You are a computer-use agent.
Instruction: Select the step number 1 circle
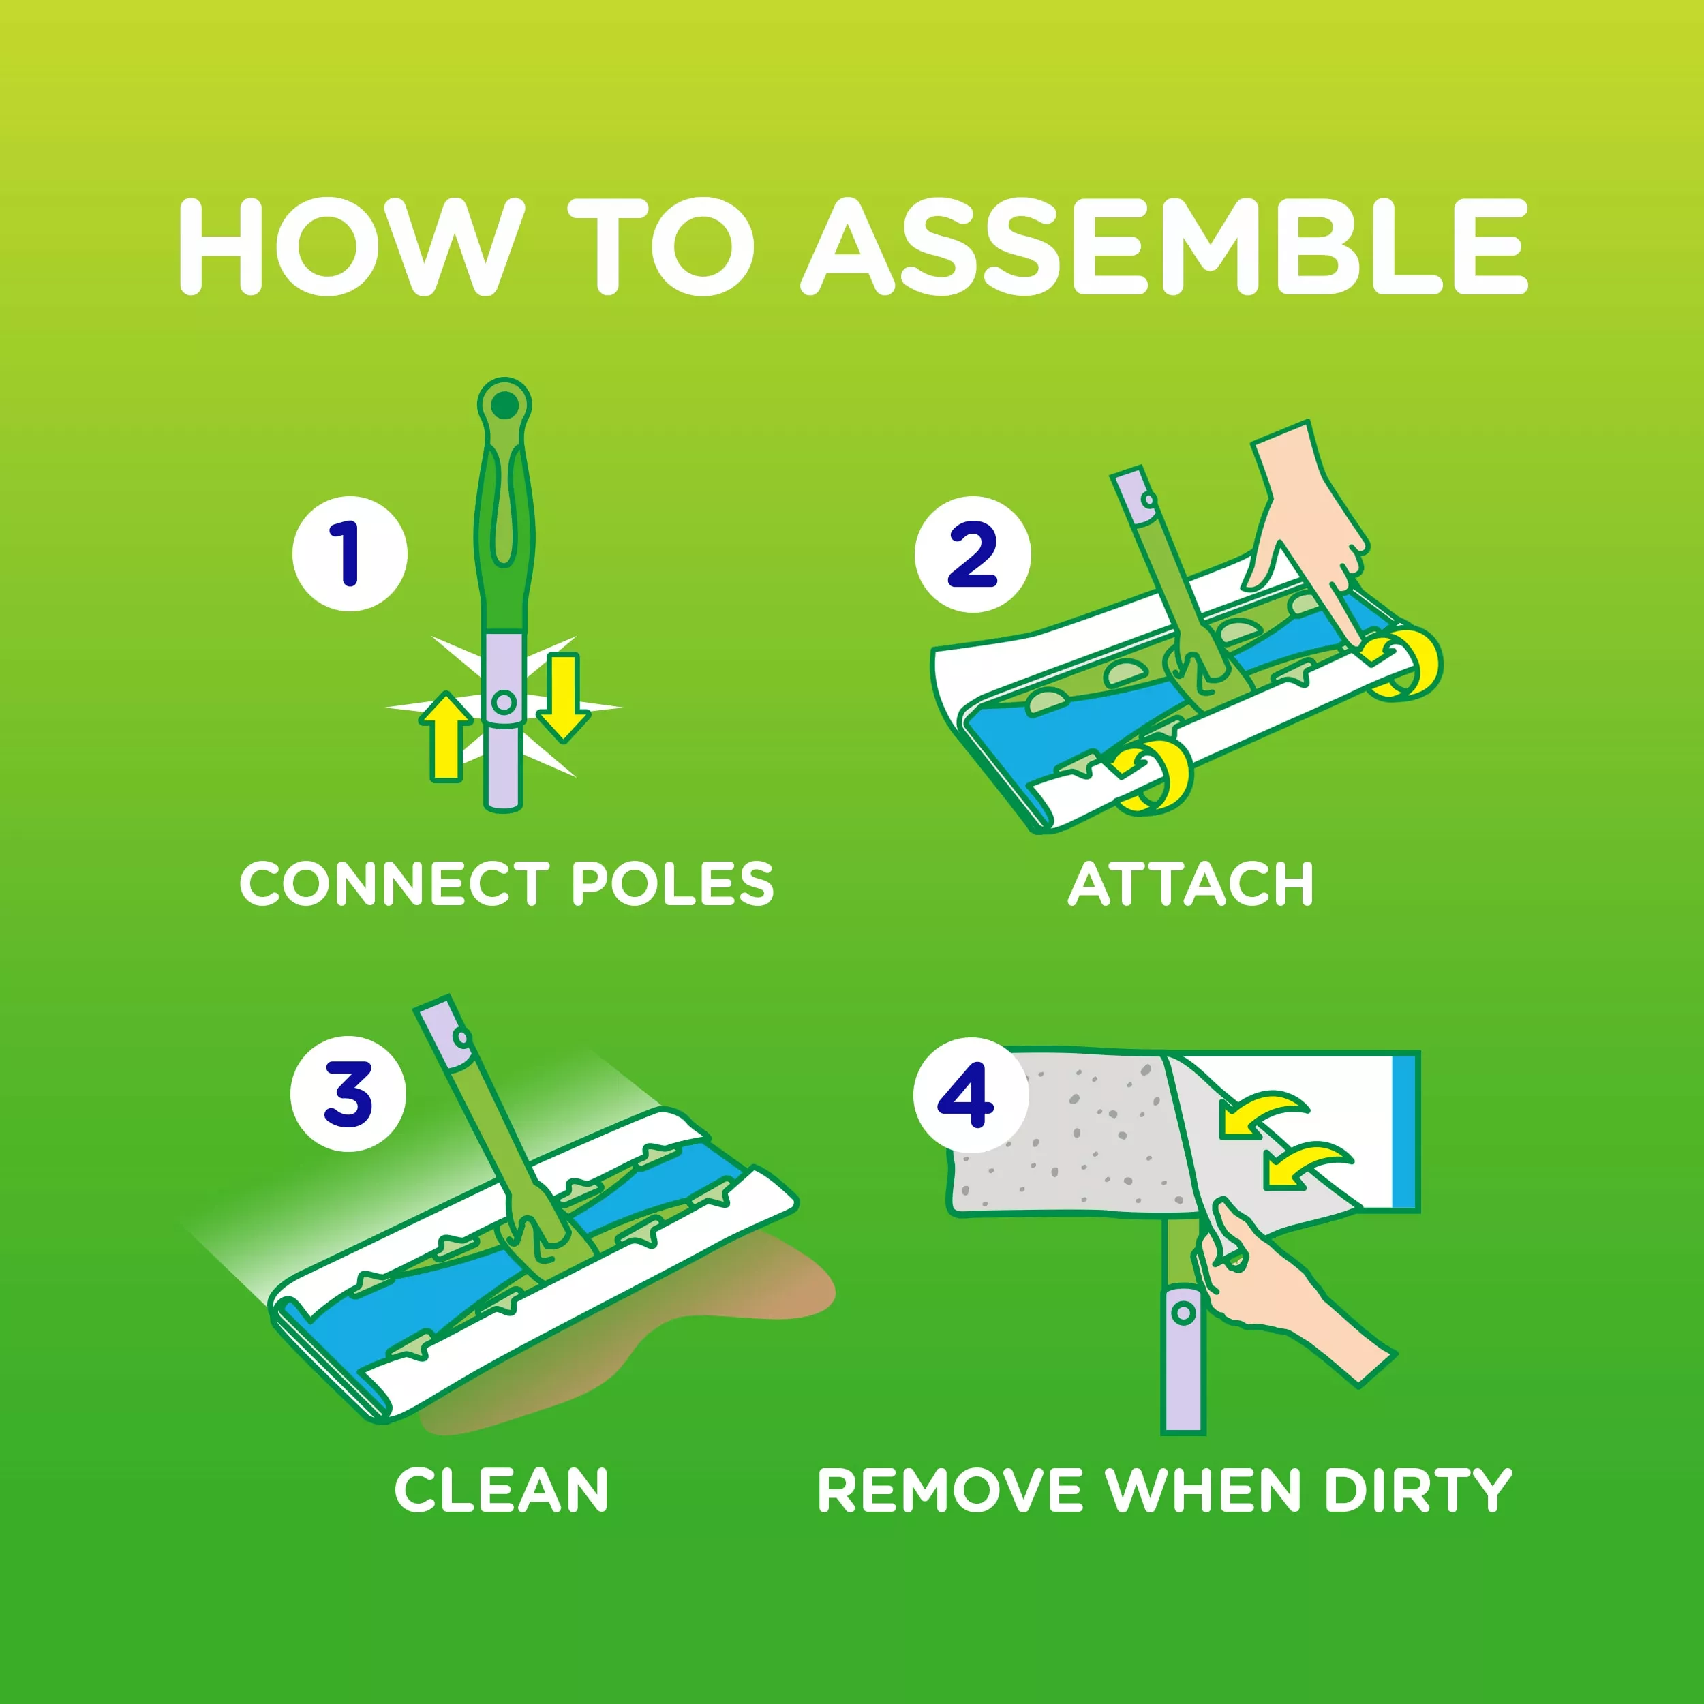pos(350,554)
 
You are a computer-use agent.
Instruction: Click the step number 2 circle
pos(973,554)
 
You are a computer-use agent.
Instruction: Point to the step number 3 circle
pos(348,1094)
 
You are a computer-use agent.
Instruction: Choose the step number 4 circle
pos(971,1095)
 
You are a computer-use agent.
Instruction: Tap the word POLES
pos(673,884)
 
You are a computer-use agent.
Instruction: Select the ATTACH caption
pos(1191,884)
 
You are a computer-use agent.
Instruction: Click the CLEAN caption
pos(501,1491)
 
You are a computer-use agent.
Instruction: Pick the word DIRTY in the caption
pos(1418,1491)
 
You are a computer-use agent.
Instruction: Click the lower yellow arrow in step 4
pos(1305,1164)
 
